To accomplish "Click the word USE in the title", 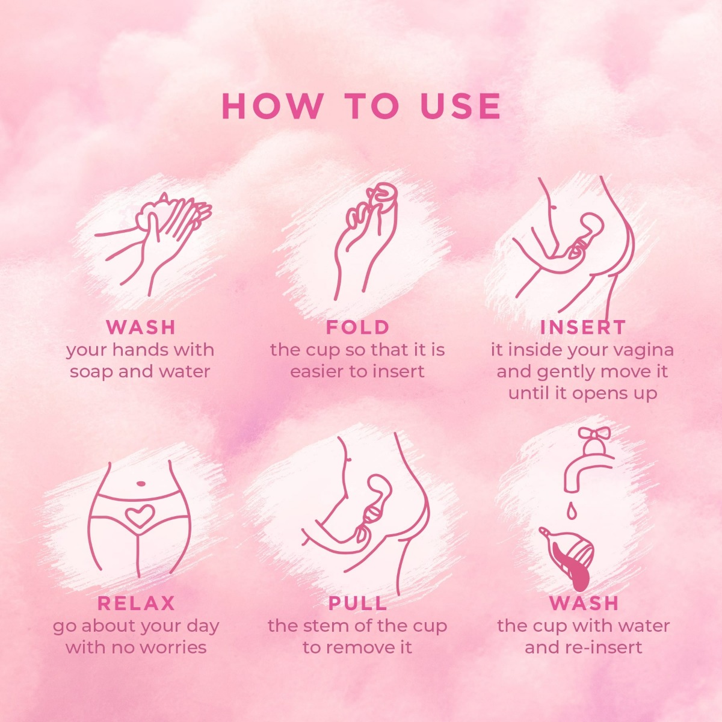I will point(460,106).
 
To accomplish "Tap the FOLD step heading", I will point(358,327).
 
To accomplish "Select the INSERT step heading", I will point(583,327).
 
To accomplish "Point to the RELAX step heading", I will point(136,603).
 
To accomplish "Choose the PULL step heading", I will point(358,603).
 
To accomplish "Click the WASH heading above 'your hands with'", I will point(141,327).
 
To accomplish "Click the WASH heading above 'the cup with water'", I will point(584,603).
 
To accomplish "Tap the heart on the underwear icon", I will point(139,516).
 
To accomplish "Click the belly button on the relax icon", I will point(140,482).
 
